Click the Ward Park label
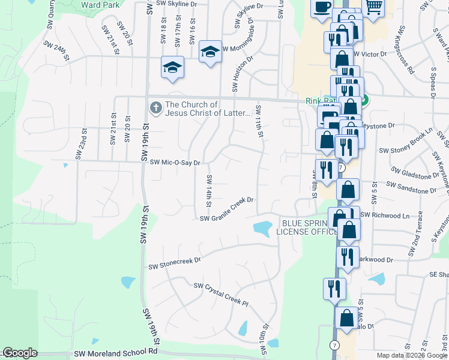98,4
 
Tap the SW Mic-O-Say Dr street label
175,162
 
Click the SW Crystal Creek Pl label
220,295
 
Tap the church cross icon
155,108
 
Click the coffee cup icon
322,7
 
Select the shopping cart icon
373,7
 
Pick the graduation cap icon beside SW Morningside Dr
210,51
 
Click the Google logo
19,353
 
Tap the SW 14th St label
209,191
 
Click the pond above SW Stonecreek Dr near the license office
262,228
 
